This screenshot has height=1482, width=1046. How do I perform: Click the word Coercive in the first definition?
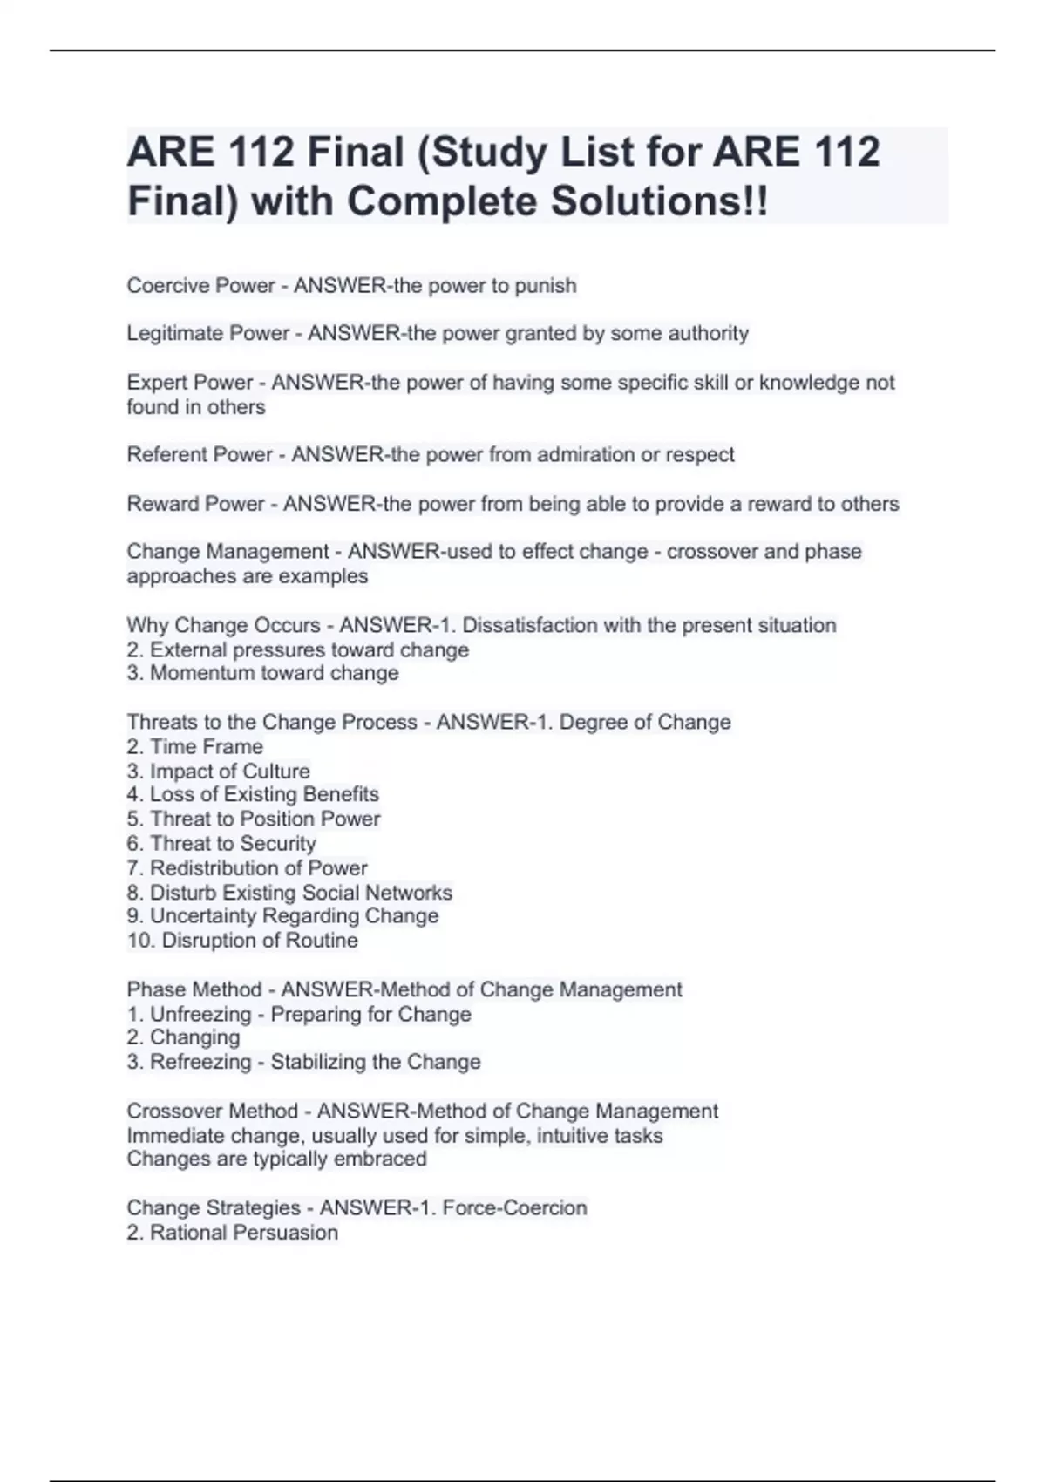point(163,286)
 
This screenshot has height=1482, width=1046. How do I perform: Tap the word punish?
point(546,286)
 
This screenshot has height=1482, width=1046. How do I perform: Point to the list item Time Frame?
point(206,747)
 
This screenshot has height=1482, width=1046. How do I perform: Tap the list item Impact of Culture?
point(229,772)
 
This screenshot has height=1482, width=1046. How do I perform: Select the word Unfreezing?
point(200,1015)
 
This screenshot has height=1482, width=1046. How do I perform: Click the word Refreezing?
point(200,1062)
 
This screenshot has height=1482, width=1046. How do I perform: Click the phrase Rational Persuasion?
point(243,1233)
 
